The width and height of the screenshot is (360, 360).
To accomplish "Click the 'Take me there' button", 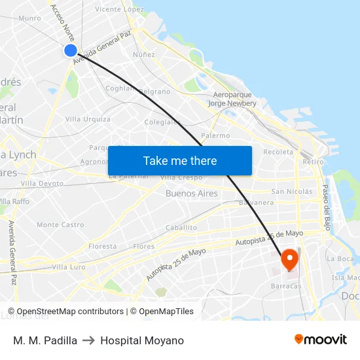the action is [x=180, y=161].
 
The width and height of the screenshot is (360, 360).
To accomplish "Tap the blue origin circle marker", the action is [x=71, y=50].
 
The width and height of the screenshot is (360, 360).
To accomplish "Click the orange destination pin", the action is [x=289, y=260].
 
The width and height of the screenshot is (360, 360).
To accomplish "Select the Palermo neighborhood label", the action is [x=215, y=135].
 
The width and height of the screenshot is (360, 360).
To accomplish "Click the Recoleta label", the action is [x=278, y=152].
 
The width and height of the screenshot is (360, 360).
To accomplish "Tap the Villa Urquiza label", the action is [x=88, y=119].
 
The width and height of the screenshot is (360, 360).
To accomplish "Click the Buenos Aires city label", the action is [x=191, y=194].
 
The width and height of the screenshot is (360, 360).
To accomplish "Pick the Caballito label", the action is [x=181, y=228].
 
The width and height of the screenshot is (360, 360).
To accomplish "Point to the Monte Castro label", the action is [x=60, y=225].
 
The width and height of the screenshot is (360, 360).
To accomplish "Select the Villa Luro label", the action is [x=69, y=267].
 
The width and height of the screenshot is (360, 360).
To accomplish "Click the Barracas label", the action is [x=284, y=286].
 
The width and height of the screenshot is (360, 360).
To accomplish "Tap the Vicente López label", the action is [x=119, y=10].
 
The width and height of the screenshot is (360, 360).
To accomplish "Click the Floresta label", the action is [x=102, y=247].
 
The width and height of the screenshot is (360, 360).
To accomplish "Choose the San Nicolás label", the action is [x=292, y=192].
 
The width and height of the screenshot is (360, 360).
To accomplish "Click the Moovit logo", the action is [x=321, y=340].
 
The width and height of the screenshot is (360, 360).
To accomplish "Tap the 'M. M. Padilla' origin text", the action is [x=45, y=340].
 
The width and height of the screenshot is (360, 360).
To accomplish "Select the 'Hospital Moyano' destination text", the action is [x=142, y=340].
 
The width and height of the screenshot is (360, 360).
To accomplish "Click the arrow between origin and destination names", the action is [x=89, y=340].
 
